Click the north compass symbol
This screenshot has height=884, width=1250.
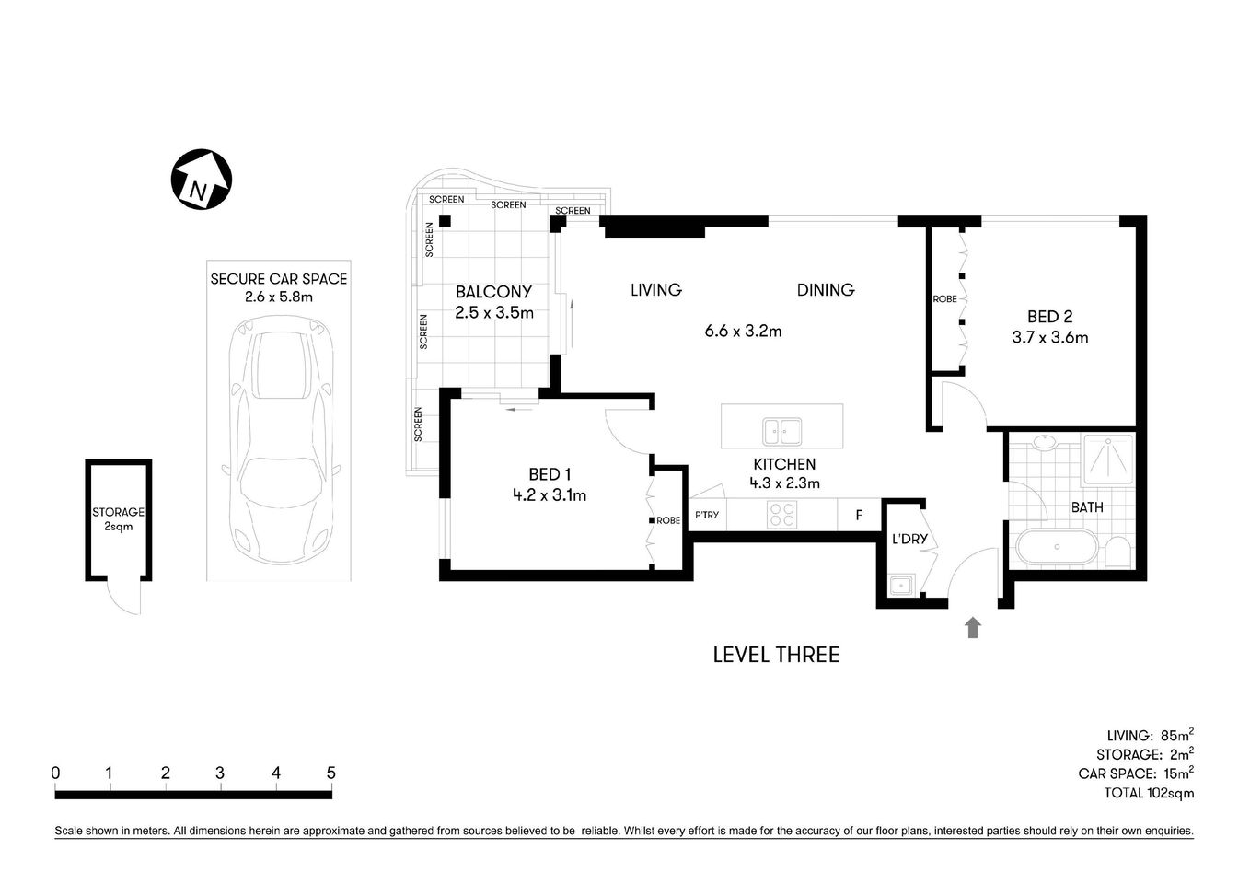pyautogui.click(x=202, y=179)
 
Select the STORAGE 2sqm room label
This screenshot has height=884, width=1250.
pyautogui.click(x=118, y=519)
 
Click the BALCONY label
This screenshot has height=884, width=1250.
pyautogui.click(x=494, y=292)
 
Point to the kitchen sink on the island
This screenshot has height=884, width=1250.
pyautogui.click(x=781, y=431)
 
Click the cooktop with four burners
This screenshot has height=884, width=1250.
pyautogui.click(x=782, y=514)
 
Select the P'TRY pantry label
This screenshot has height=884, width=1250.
pyautogui.click(x=707, y=515)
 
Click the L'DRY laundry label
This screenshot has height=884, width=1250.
pyautogui.click(x=909, y=539)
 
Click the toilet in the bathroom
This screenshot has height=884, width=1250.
pyautogui.click(x=1117, y=552)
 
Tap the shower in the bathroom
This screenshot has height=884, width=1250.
pyautogui.click(x=1109, y=458)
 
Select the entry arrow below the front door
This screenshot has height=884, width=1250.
pyautogui.click(x=973, y=628)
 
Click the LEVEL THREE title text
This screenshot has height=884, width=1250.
pyautogui.click(x=776, y=655)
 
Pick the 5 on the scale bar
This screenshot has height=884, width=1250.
pyautogui.click(x=330, y=773)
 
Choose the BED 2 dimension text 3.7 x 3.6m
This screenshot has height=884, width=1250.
pyautogui.click(x=1049, y=338)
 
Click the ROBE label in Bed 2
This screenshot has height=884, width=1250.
pyautogui.click(x=944, y=299)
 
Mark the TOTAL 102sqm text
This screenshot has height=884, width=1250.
pyautogui.click(x=1149, y=793)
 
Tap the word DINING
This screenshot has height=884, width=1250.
pyautogui.click(x=825, y=290)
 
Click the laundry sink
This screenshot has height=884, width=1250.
pyautogui.click(x=900, y=584)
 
